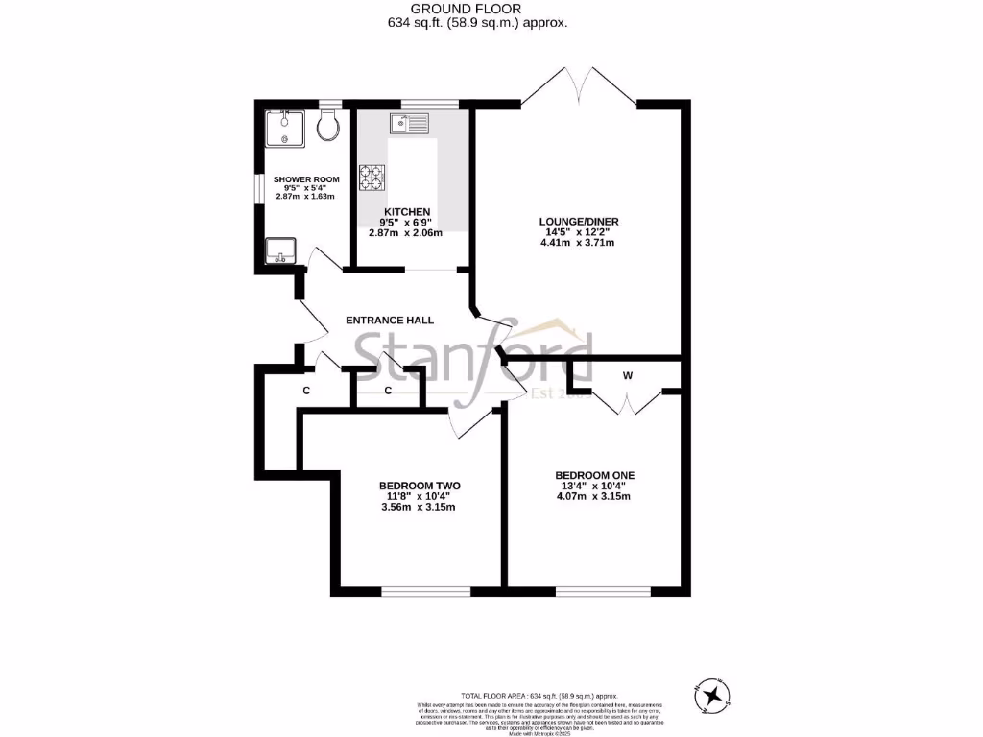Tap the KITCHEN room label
click(407, 211)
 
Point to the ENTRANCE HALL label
click(390, 321)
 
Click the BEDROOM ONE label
click(594, 475)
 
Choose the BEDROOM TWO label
click(420, 487)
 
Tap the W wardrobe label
click(627, 376)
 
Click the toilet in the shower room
click(327, 125)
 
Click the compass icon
click(712, 693)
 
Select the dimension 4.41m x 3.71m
click(577, 243)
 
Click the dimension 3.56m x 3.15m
click(419, 507)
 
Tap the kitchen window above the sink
click(416, 104)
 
